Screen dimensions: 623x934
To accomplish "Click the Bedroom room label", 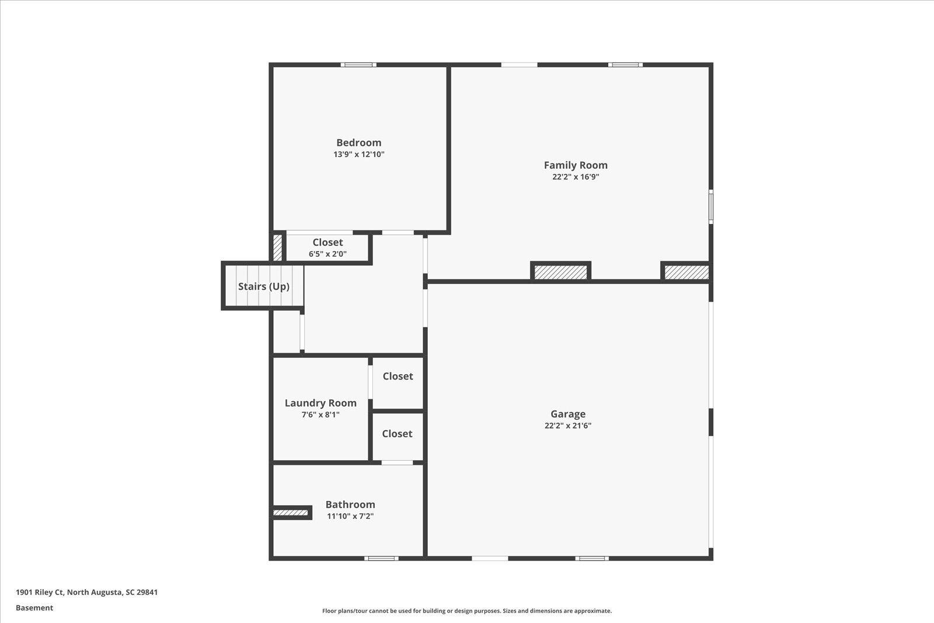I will point(358,142).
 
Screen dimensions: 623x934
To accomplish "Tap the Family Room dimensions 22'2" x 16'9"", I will point(576,177).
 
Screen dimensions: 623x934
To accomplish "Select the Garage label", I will point(567,414).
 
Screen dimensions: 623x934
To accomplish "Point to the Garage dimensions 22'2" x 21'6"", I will point(567,426).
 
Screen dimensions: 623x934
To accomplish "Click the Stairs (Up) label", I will point(263,287).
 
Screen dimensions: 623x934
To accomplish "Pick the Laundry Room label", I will point(320,403).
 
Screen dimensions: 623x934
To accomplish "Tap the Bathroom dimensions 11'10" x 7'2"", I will point(350,516).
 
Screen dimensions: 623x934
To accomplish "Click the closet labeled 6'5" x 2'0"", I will point(327,248).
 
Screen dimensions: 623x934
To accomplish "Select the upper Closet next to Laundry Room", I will point(398,377).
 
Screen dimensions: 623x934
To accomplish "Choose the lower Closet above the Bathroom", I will point(397,434).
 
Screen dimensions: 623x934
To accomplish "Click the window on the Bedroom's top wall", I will point(358,65).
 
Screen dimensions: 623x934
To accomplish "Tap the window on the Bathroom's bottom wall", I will point(381,558).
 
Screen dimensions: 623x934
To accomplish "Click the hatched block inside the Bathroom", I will point(291,513).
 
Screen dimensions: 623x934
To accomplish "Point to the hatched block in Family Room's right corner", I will point(686,272).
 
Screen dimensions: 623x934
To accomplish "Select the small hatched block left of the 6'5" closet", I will point(278,247).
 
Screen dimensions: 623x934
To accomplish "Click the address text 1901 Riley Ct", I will point(86,592).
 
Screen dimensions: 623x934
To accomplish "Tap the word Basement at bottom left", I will point(34,608).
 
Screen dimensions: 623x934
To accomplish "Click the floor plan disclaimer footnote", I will point(467,611).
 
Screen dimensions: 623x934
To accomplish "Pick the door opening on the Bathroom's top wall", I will point(397,463).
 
